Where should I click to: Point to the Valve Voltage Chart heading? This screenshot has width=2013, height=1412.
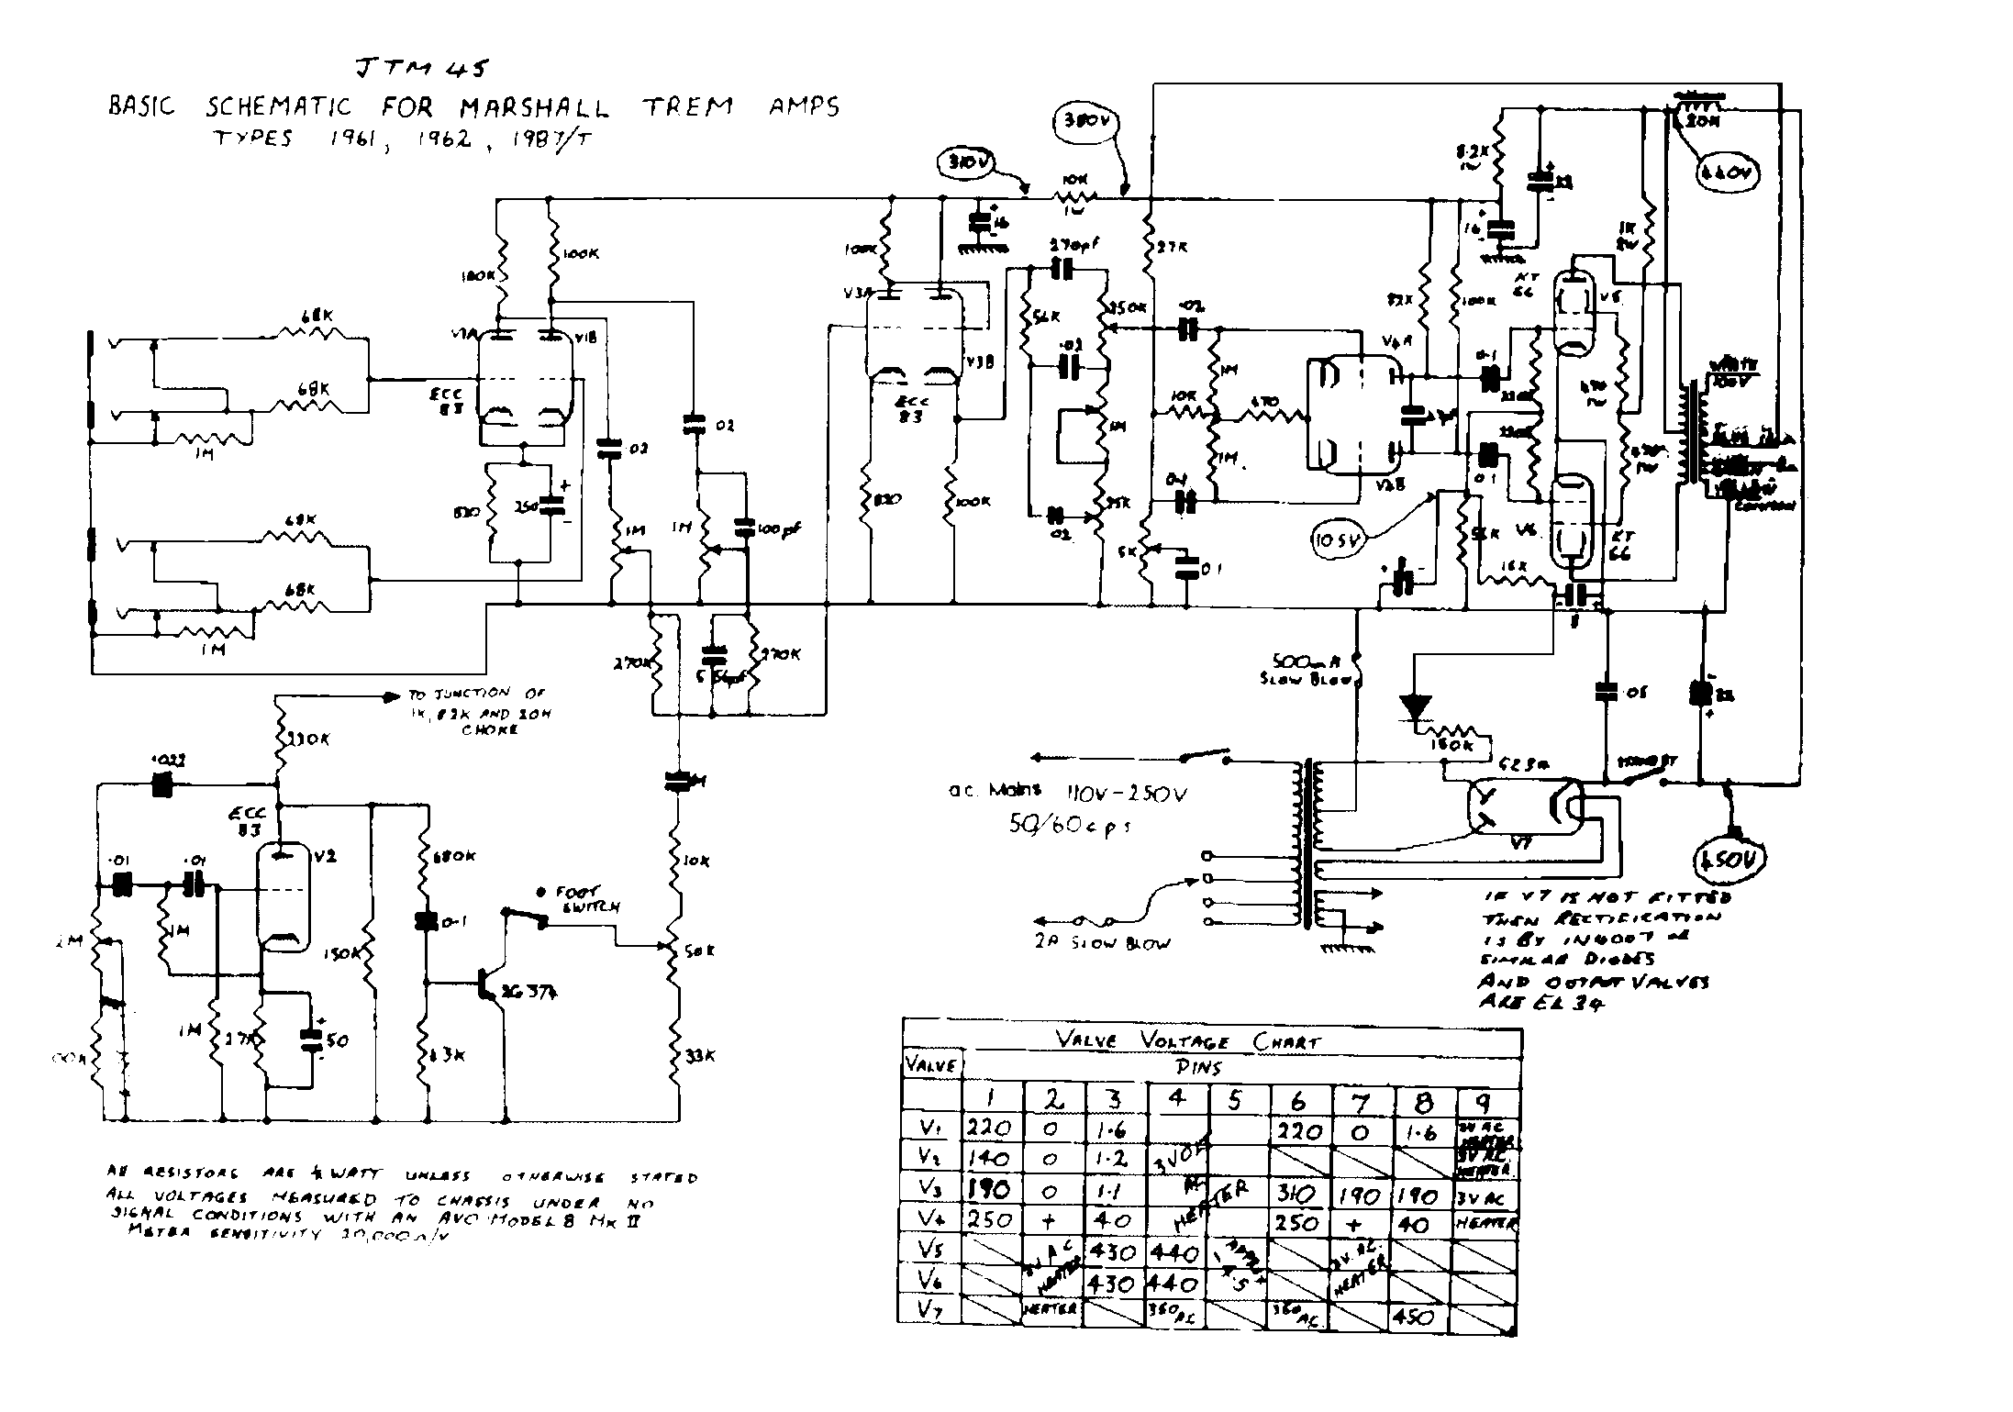coord(1187,1041)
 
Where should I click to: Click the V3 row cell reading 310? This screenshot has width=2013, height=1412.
coord(1297,1193)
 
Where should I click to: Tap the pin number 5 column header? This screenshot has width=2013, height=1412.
coord(1235,1101)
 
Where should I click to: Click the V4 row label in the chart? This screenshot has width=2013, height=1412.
coord(931,1222)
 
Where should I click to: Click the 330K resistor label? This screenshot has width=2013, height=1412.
coord(308,739)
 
